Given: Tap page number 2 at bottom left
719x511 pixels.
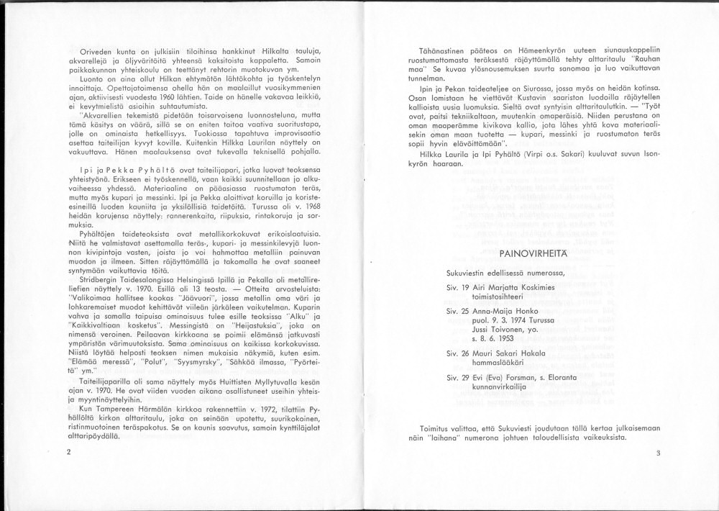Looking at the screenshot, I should (68, 452).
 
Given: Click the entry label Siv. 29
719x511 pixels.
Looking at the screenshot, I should (457, 377).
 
